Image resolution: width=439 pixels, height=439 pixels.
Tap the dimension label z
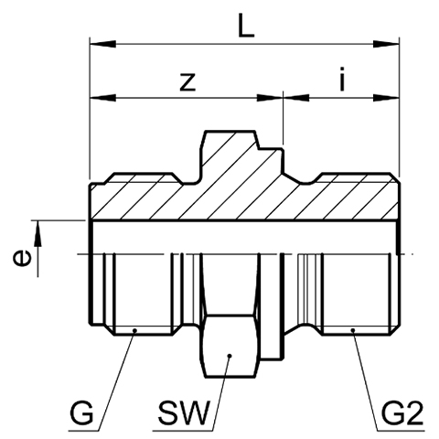click(187, 82)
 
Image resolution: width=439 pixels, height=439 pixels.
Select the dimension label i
click(342, 79)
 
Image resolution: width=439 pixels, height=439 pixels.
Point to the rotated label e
click(22, 258)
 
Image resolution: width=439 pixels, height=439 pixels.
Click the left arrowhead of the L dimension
click(103, 44)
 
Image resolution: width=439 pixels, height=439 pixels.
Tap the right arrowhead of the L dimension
click(386, 44)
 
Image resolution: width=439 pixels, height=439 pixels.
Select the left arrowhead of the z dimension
click(103, 98)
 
